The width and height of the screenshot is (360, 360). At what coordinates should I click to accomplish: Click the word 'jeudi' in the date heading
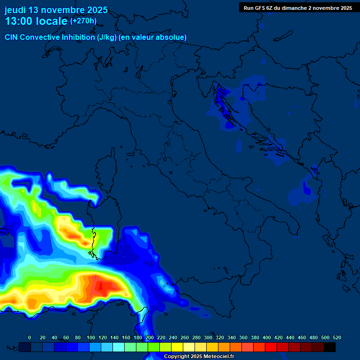point(15,10)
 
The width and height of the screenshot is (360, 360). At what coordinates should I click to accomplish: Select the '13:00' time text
point(19,21)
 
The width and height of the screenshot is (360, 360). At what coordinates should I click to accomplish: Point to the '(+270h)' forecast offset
point(83,21)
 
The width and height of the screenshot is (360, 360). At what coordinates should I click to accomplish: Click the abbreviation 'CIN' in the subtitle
point(11,37)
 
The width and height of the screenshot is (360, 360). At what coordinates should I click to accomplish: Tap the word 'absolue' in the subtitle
point(172,37)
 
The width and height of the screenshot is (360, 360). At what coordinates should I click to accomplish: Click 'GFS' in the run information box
point(262,8)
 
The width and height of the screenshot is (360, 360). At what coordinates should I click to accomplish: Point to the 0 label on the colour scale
point(30,337)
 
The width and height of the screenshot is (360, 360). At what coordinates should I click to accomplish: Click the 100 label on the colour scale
point(91,337)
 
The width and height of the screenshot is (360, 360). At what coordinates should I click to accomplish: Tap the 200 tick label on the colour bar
point(150,337)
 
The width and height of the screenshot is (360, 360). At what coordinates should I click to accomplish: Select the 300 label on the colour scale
point(208,337)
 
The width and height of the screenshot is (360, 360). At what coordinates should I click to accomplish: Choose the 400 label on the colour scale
point(267,337)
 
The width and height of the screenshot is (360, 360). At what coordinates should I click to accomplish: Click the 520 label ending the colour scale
point(337,337)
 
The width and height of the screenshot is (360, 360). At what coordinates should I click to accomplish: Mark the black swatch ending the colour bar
point(330,347)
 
